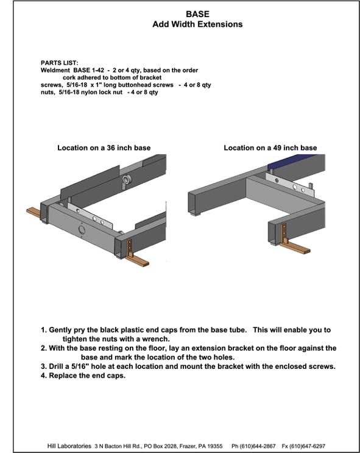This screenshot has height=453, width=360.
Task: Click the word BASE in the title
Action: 197,14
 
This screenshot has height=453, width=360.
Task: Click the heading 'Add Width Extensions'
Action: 197,24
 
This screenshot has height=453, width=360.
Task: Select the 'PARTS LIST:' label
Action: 60,63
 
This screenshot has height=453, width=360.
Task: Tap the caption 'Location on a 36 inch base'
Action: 104,148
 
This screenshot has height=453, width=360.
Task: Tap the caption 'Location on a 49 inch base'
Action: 270,148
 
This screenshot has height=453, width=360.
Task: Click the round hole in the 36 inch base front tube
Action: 82,230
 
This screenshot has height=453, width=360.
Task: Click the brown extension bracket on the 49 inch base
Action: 292,242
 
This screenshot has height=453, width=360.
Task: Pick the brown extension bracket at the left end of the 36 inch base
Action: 34,212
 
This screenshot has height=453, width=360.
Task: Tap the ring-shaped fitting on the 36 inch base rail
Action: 127,179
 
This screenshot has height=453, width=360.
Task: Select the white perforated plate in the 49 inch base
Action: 289,185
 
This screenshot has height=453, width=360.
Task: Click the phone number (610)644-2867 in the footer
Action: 253,446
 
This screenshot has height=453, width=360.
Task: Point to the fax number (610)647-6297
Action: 303,446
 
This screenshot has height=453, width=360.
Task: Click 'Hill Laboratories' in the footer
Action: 69,446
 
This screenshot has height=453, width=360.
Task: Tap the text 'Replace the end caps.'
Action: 87,376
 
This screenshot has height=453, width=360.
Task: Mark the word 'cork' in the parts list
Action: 69,77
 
